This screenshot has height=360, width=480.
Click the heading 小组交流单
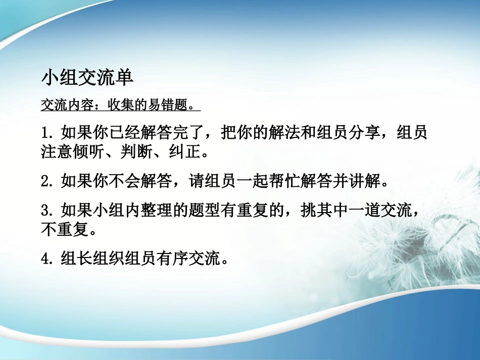coord(86,78)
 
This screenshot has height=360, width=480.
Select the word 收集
coord(115,106)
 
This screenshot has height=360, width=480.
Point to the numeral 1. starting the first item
coord(47,133)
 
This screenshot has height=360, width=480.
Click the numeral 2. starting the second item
coord(47,181)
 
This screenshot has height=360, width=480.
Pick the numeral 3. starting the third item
coord(47,210)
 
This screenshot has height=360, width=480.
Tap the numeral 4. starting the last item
coord(47,259)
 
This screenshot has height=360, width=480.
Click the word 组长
coord(73,259)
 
